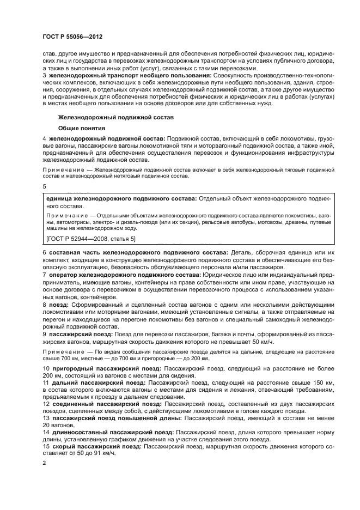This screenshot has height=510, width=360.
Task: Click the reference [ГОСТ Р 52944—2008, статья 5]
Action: pos(91,239)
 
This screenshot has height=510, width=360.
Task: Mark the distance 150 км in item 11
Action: pos(322,384)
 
